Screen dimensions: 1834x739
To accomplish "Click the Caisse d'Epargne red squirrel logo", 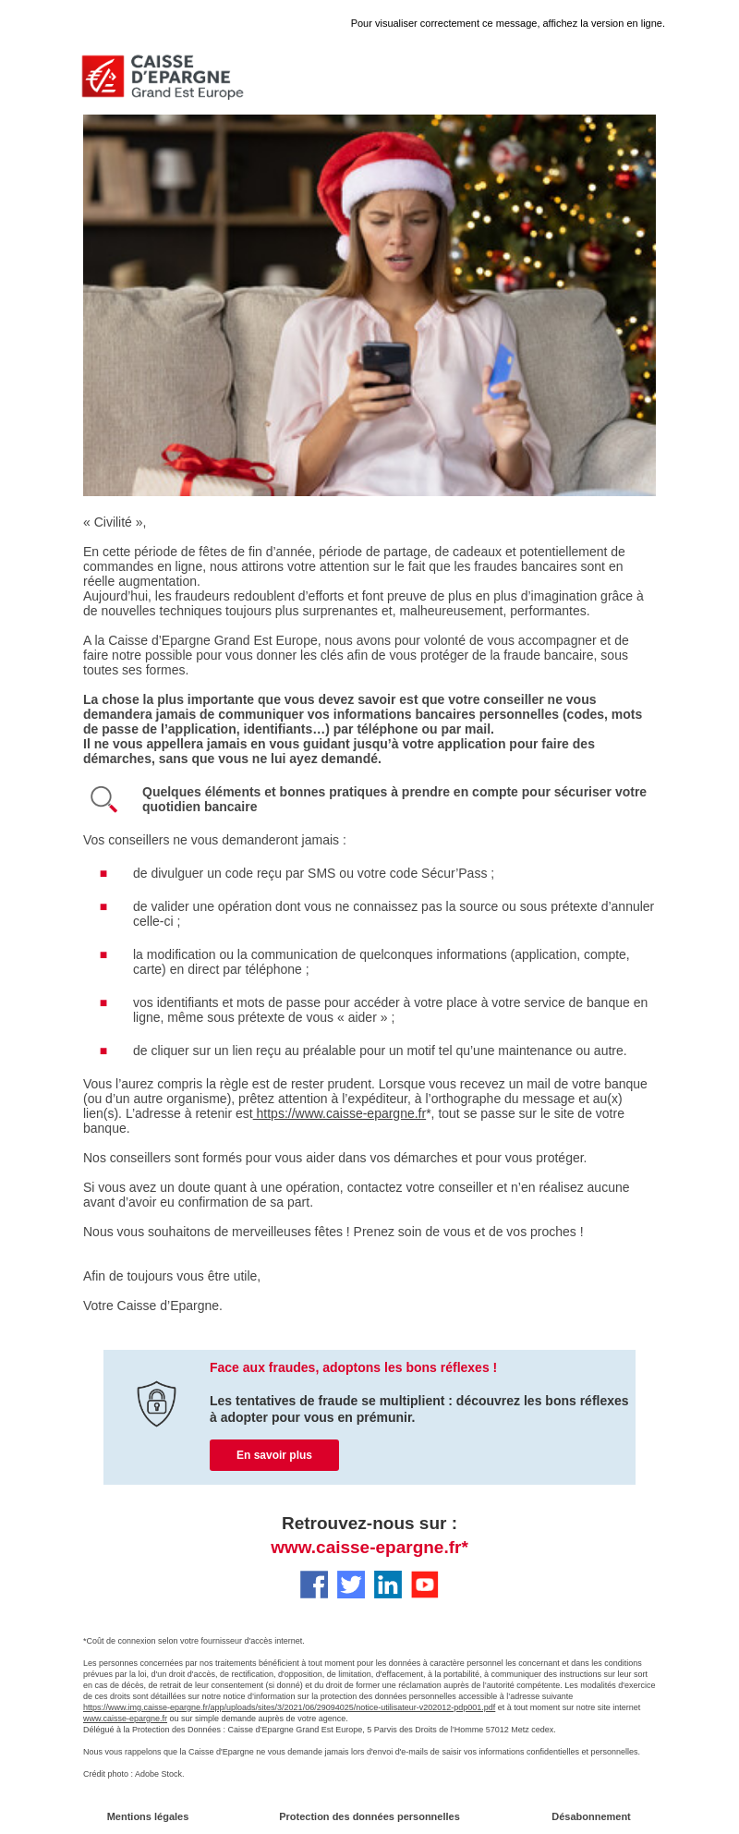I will coord(103,77).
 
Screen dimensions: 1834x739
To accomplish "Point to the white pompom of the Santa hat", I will coord(345,247).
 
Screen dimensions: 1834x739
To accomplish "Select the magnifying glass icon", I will coord(103,799).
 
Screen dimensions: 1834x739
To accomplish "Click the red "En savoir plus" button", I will coord(274,1455).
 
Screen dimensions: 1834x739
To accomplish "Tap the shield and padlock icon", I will coord(156,1403).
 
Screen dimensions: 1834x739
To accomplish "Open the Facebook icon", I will coord(314,1585).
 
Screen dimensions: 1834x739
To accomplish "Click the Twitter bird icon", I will coord(351,1585).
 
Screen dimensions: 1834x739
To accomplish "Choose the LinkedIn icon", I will coord(388,1585).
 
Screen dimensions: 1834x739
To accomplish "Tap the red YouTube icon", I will coord(425,1585).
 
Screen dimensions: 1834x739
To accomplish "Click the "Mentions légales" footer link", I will coord(148,1816).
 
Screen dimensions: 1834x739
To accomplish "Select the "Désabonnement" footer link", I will coord(591,1816).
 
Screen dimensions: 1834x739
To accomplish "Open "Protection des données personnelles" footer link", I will coord(369,1816).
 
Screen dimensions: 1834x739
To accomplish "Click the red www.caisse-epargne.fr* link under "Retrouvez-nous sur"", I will coord(369,1548).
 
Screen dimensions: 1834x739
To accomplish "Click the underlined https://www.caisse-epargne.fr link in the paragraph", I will coord(340,1113).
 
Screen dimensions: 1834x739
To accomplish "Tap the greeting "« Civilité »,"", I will coord(115,522).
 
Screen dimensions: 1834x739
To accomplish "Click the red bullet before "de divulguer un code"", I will coord(103,873).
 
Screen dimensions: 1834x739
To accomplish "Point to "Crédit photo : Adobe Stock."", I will coord(134,1774).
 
